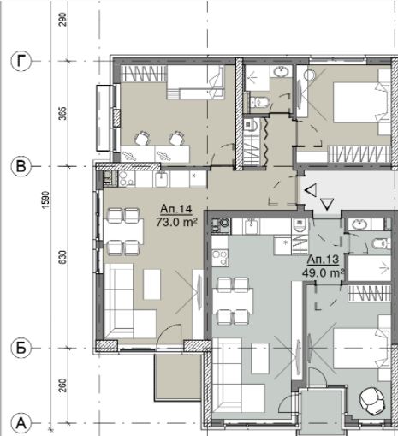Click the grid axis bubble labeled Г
(21, 61)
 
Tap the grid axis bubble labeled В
(21, 166)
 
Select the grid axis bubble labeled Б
(21, 348)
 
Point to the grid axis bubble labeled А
(21, 423)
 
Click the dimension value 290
(62, 20)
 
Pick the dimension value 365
(62, 114)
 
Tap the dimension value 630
(62, 257)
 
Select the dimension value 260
(62, 385)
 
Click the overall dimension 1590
(45, 200)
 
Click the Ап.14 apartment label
(176, 209)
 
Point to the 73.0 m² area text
(177, 222)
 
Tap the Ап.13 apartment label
(323, 260)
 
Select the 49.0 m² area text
(323, 273)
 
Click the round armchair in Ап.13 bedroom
(371, 400)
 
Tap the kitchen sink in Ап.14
(163, 179)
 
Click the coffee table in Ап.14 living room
(152, 284)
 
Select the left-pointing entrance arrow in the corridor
(311, 191)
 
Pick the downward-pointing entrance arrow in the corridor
(327, 204)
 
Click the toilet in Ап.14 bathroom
(259, 102)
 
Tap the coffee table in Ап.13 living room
(260, 359)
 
